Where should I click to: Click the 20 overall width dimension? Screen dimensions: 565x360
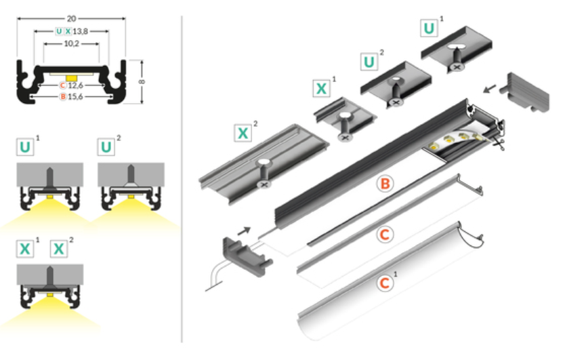[x=71, y=18]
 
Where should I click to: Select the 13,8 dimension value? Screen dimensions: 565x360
[x=80, y=32]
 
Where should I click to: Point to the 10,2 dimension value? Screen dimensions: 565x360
[x=71, y=43]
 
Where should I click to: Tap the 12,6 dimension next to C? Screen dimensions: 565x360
[x=75, y=85]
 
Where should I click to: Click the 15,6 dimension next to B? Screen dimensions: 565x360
[x=75, y=97]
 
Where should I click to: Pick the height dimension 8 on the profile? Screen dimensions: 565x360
[x=142, y=81]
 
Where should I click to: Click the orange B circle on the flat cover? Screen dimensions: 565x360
[x=385, y=184]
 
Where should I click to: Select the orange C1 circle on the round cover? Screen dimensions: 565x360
[x=385, y=283]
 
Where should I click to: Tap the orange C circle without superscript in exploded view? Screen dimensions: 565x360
[x=385, y=235]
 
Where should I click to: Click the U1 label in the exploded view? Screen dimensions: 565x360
[x=429, y=28]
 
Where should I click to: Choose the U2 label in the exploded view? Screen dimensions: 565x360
[x=369, y=62]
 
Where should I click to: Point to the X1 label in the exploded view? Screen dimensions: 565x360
[x=321, y=88]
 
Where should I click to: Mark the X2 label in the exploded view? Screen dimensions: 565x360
[x=243, y=133]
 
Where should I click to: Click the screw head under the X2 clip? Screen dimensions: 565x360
[x=265, y=184]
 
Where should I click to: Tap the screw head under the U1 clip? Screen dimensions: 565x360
[x=457, y=67]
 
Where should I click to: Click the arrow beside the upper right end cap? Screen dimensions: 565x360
[x=490, y=89]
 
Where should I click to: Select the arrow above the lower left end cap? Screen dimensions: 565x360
[x=244, y=231]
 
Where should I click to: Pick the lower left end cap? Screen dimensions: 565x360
[x=247, y=256]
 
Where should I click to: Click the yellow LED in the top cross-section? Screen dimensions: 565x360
[x=72, y=78]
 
